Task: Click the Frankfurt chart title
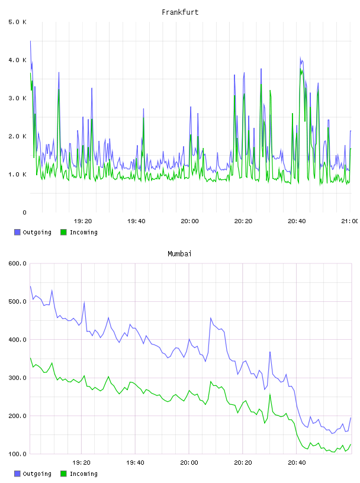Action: point(180,12)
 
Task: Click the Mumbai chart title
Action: point(179,254)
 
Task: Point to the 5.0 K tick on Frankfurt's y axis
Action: point(17,22)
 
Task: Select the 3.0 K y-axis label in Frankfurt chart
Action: point(17,98)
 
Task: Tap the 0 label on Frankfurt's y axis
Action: point(25,212)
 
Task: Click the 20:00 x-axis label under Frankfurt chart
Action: point(189,221)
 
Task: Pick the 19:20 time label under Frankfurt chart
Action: point(83,221)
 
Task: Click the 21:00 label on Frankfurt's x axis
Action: point(350,221)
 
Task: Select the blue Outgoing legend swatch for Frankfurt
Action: point(17,232)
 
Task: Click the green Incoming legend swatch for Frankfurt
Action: point(63,232)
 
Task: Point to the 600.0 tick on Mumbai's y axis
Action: point(17,263)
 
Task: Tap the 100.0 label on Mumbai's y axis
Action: point(17,454)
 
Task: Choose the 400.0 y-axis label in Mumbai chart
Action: point(17,340)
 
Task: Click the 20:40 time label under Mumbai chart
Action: point(297,463)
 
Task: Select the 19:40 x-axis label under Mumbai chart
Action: point(136,463)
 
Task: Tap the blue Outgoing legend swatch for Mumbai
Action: point(17,474)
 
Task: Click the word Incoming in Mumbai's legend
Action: point(83,474)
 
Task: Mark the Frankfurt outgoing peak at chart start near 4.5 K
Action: point(30,41)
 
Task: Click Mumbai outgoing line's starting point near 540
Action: point(30,286)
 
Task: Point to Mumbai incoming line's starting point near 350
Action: point(30,358)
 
